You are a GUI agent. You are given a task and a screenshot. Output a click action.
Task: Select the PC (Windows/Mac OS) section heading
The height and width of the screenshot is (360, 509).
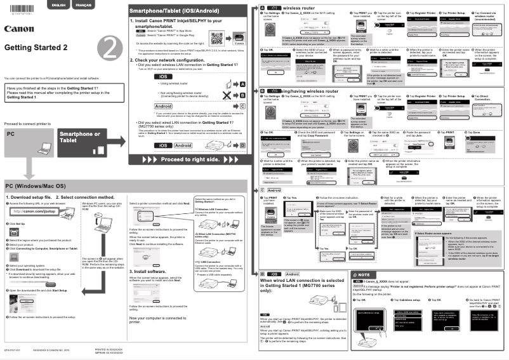tap(36, 186)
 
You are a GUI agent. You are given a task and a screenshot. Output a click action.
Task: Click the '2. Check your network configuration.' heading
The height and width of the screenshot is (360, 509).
tap(171, 60)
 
